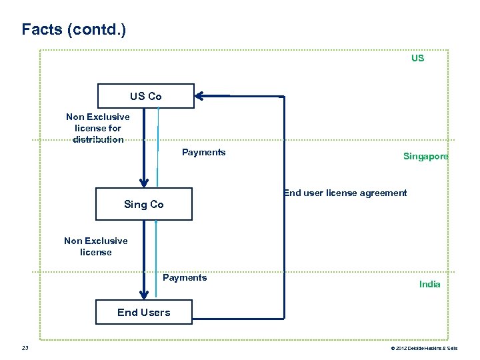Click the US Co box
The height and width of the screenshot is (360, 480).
(145, 96)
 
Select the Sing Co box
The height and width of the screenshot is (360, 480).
(143, 204)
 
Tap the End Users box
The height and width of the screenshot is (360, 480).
(143, 312)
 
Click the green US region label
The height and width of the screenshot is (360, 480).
(417, 58)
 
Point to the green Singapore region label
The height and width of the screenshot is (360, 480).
(425, 156)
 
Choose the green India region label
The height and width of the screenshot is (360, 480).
(429, 284)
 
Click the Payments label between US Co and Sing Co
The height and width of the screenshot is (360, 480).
(203, 152)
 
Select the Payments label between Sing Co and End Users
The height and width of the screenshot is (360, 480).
(185, 277)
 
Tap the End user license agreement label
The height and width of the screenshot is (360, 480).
(345, 193)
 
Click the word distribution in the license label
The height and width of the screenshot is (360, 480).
(98, 139)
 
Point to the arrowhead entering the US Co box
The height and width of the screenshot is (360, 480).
(200, 96)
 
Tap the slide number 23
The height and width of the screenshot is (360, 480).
(25, 348)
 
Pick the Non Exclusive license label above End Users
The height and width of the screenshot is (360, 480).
(96, 246)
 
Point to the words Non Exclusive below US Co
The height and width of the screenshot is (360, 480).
(98, 117)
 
